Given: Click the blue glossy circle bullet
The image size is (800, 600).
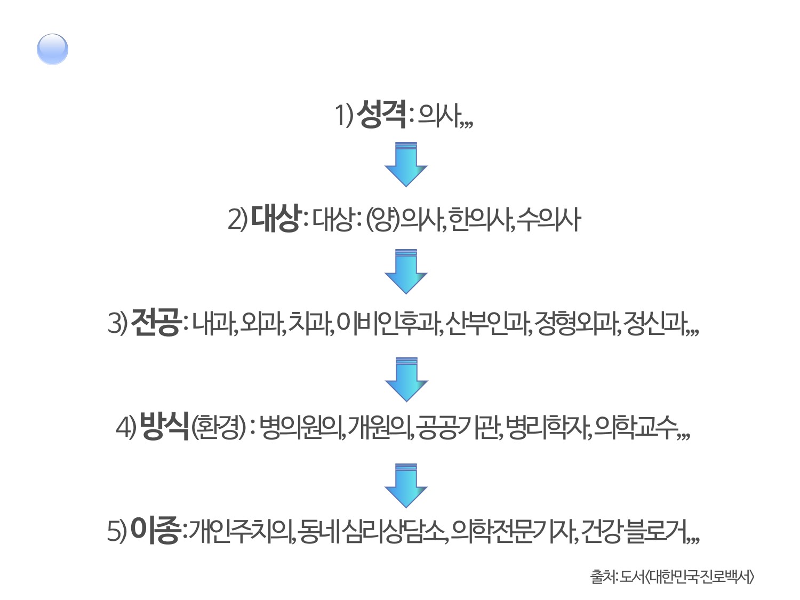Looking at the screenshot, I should coord(52,49).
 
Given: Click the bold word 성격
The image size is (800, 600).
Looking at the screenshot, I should coord(382,114).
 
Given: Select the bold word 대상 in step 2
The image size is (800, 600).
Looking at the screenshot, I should coord(276,218).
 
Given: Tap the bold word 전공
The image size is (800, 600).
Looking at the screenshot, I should coord(156,322).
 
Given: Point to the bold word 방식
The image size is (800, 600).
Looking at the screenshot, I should coord(164,426).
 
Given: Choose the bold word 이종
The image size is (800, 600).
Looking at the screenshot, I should coord(155,530).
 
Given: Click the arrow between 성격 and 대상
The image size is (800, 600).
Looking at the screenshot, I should coord(406,164).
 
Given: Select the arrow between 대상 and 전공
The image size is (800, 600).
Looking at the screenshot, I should coord(406,271).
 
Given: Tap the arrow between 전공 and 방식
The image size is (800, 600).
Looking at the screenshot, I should coord(406,379).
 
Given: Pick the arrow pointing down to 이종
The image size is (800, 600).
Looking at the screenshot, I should coord(406,485).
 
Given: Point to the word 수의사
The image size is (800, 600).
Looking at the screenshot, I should coord(548,219).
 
